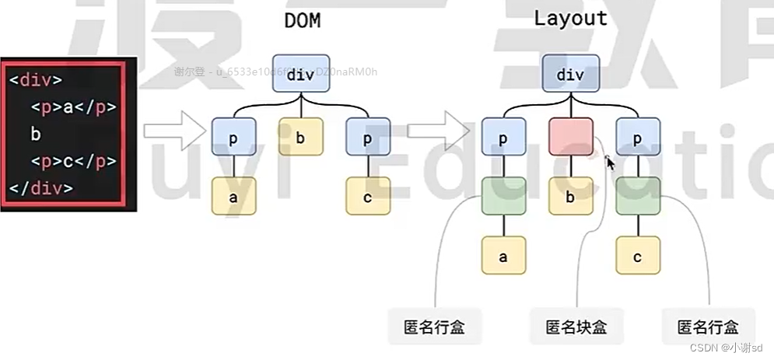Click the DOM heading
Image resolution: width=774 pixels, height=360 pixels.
click(x=302, y=21)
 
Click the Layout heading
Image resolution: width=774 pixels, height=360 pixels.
click(x=570, y=19)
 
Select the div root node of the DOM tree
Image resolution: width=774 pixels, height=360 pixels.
click(x=300, y=75)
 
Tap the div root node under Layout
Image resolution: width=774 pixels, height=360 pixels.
click(x=570, y=75)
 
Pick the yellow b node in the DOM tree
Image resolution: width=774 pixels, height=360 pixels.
click(x=300, y=138)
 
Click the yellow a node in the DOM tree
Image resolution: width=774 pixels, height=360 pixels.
click(x=233, y=197)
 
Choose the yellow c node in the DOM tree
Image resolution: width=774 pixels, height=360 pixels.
click(x=367, y=197)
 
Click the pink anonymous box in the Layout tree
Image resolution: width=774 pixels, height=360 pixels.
click(x=570, y=138)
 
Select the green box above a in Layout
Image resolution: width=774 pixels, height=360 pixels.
click(x=503, y=197)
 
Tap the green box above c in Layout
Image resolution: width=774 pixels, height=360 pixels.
click(x=637, y=197)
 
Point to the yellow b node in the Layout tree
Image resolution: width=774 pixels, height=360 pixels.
click(x=570, y=197)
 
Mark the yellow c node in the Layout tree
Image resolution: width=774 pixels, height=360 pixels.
click(x=637, y=257)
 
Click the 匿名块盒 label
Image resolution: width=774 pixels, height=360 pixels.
click(x=576, y=327)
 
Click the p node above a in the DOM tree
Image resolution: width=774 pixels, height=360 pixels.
click(x=233, y=138)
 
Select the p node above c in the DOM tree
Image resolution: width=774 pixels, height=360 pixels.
click(x=367, y=138)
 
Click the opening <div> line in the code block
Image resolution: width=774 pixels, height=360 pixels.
click(x=36, y=80)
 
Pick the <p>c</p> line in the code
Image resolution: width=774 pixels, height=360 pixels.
click(x=73, y=162)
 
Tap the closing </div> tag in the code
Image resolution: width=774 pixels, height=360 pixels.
click(x=40, y=188)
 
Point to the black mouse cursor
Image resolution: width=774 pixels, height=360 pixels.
click(x=611, y=163)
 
